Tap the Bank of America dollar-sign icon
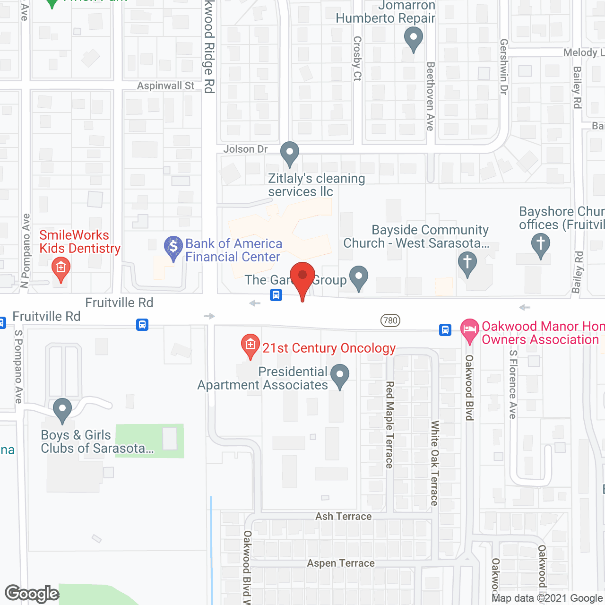[x=173, y=247]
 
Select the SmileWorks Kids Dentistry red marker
[x=60, y=268]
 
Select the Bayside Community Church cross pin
[x=467, y=263]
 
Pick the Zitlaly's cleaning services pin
[x=290, y=153]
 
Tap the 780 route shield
[x=390, y=320]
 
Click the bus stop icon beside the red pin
[x=276, y=295]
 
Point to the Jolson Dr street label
[x=245, y=149]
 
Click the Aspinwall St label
[x=165, y=86]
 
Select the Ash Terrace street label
[x=344, y=516]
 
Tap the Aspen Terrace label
[x=341, y=563]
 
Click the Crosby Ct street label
[x=357, y=59]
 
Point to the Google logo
[x=32, y=594]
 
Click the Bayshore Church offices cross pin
[x=541, y=245]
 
